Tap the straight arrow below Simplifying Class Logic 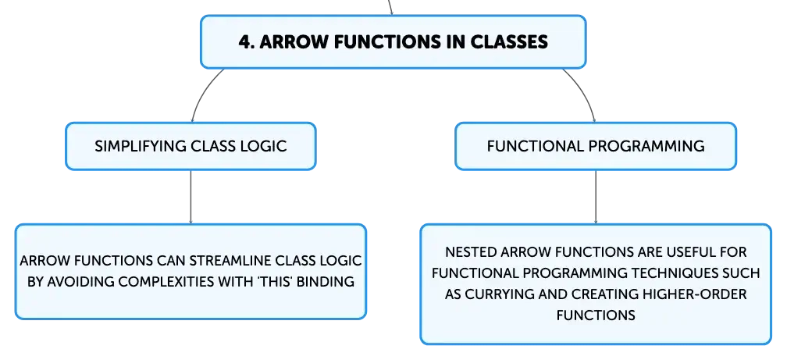coord(191,197)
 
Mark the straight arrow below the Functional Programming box coord(596,197)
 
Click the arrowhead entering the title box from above coord(391,12)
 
